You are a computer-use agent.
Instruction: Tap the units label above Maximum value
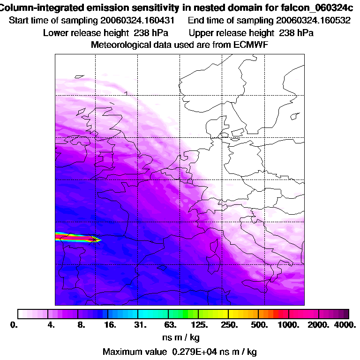(x=180, y=337)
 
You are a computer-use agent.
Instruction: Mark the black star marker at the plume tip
(x=96, y=240)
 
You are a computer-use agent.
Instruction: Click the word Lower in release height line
(x=55, y=33)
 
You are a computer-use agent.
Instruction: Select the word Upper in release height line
(x=201, y=33)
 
